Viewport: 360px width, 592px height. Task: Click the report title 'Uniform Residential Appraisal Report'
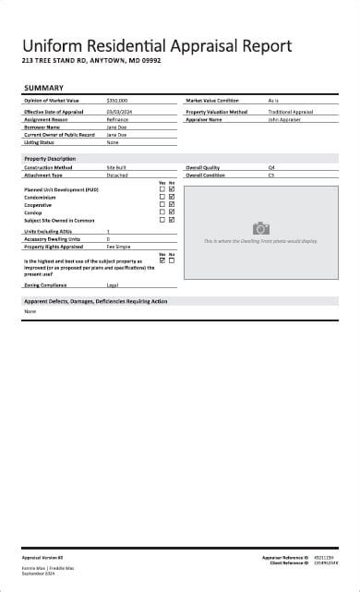click(157, 45)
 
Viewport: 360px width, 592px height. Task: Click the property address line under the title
click(91, 61)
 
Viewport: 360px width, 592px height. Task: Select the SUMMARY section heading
click(43, 89)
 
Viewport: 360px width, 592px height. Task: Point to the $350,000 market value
click(117, 100)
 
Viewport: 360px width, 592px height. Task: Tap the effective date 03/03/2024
click(120, 112)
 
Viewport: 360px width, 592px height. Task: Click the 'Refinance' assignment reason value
click(117, 119)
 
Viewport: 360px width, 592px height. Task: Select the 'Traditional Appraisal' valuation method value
click(291, 112)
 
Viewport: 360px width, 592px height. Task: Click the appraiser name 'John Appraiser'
click(284, 119)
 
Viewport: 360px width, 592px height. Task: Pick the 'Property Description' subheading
click(50, 159)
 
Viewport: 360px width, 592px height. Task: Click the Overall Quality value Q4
click(271, 167)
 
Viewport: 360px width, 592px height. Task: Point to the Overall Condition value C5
click(271, 175)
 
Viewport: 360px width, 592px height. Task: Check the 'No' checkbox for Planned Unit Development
click(172, 189)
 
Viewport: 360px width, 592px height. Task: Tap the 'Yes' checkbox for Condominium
click(162, 197)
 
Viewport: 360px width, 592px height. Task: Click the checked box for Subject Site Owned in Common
click(172, 220)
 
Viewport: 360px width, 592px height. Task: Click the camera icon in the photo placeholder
click(261, 228)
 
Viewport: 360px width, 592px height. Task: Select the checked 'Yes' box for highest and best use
click(162, 260)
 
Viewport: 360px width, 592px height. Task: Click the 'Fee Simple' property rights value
click(117, 247)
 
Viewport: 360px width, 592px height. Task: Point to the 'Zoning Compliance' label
click(45, 285)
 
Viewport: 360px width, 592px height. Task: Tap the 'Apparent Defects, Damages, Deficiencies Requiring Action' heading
click(96, 302)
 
